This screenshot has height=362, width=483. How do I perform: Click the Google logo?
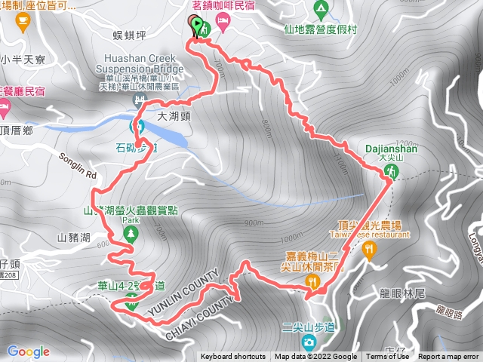28,351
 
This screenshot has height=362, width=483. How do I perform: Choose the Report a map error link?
448,357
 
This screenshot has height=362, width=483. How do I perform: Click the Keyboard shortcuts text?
233,357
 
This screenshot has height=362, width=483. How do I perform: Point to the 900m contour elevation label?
254,223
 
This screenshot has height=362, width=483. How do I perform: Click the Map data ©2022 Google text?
315,357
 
